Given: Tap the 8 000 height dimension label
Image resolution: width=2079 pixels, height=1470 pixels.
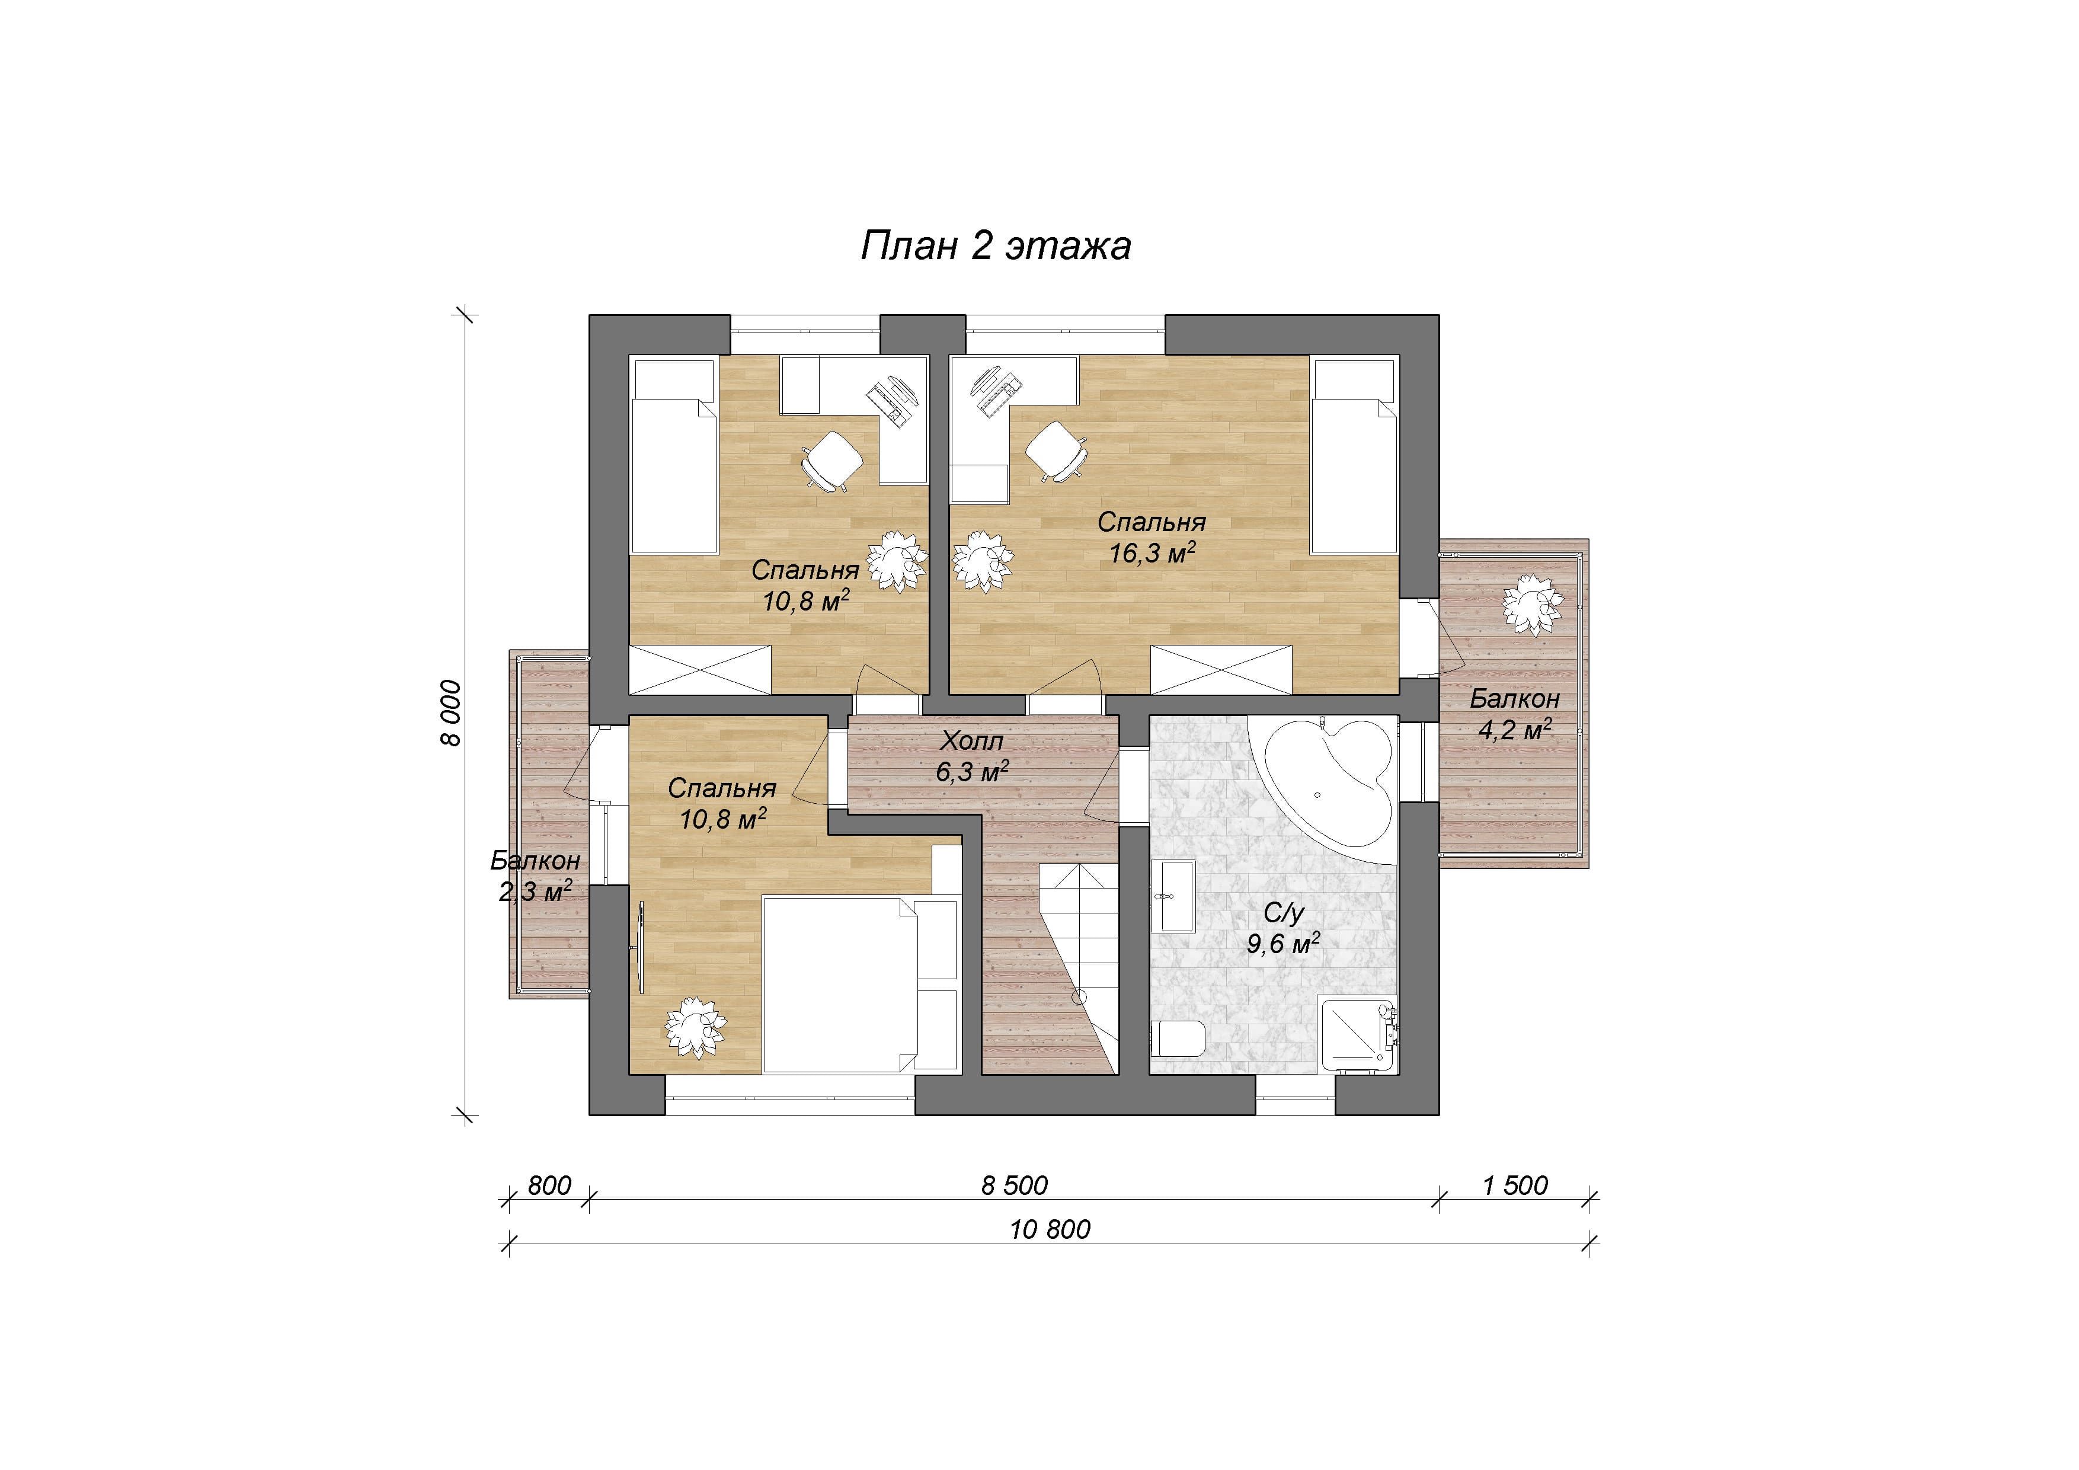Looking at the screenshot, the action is click(450, 714).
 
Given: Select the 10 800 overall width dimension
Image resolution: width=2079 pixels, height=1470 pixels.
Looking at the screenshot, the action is click(1050, 1229).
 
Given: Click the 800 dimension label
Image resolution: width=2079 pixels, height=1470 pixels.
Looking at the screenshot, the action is click(549, 1185).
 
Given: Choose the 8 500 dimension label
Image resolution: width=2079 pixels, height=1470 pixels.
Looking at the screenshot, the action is click(1014, 1185).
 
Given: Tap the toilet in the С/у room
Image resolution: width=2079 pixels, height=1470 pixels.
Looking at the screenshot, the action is click(1180, 1038).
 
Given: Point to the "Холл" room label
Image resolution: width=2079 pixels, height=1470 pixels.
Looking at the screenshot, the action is click(971, 741).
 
